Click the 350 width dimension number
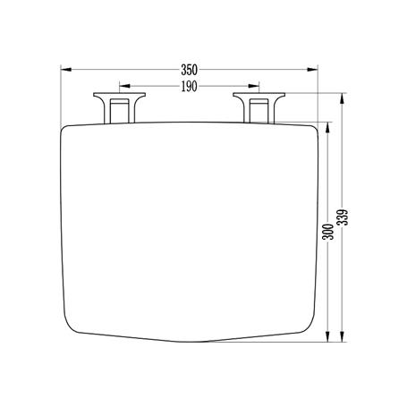[189, 70]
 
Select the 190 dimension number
[189, 87]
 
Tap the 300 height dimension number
[327, 232]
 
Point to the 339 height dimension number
[343, 217]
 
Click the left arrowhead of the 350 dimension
[66, 70]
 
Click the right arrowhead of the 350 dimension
[312, 70]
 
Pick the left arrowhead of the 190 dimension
[124, 86]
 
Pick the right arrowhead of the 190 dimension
[254, 86]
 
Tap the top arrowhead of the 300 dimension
[327, 128]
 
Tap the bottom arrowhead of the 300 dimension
[327, 336]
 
